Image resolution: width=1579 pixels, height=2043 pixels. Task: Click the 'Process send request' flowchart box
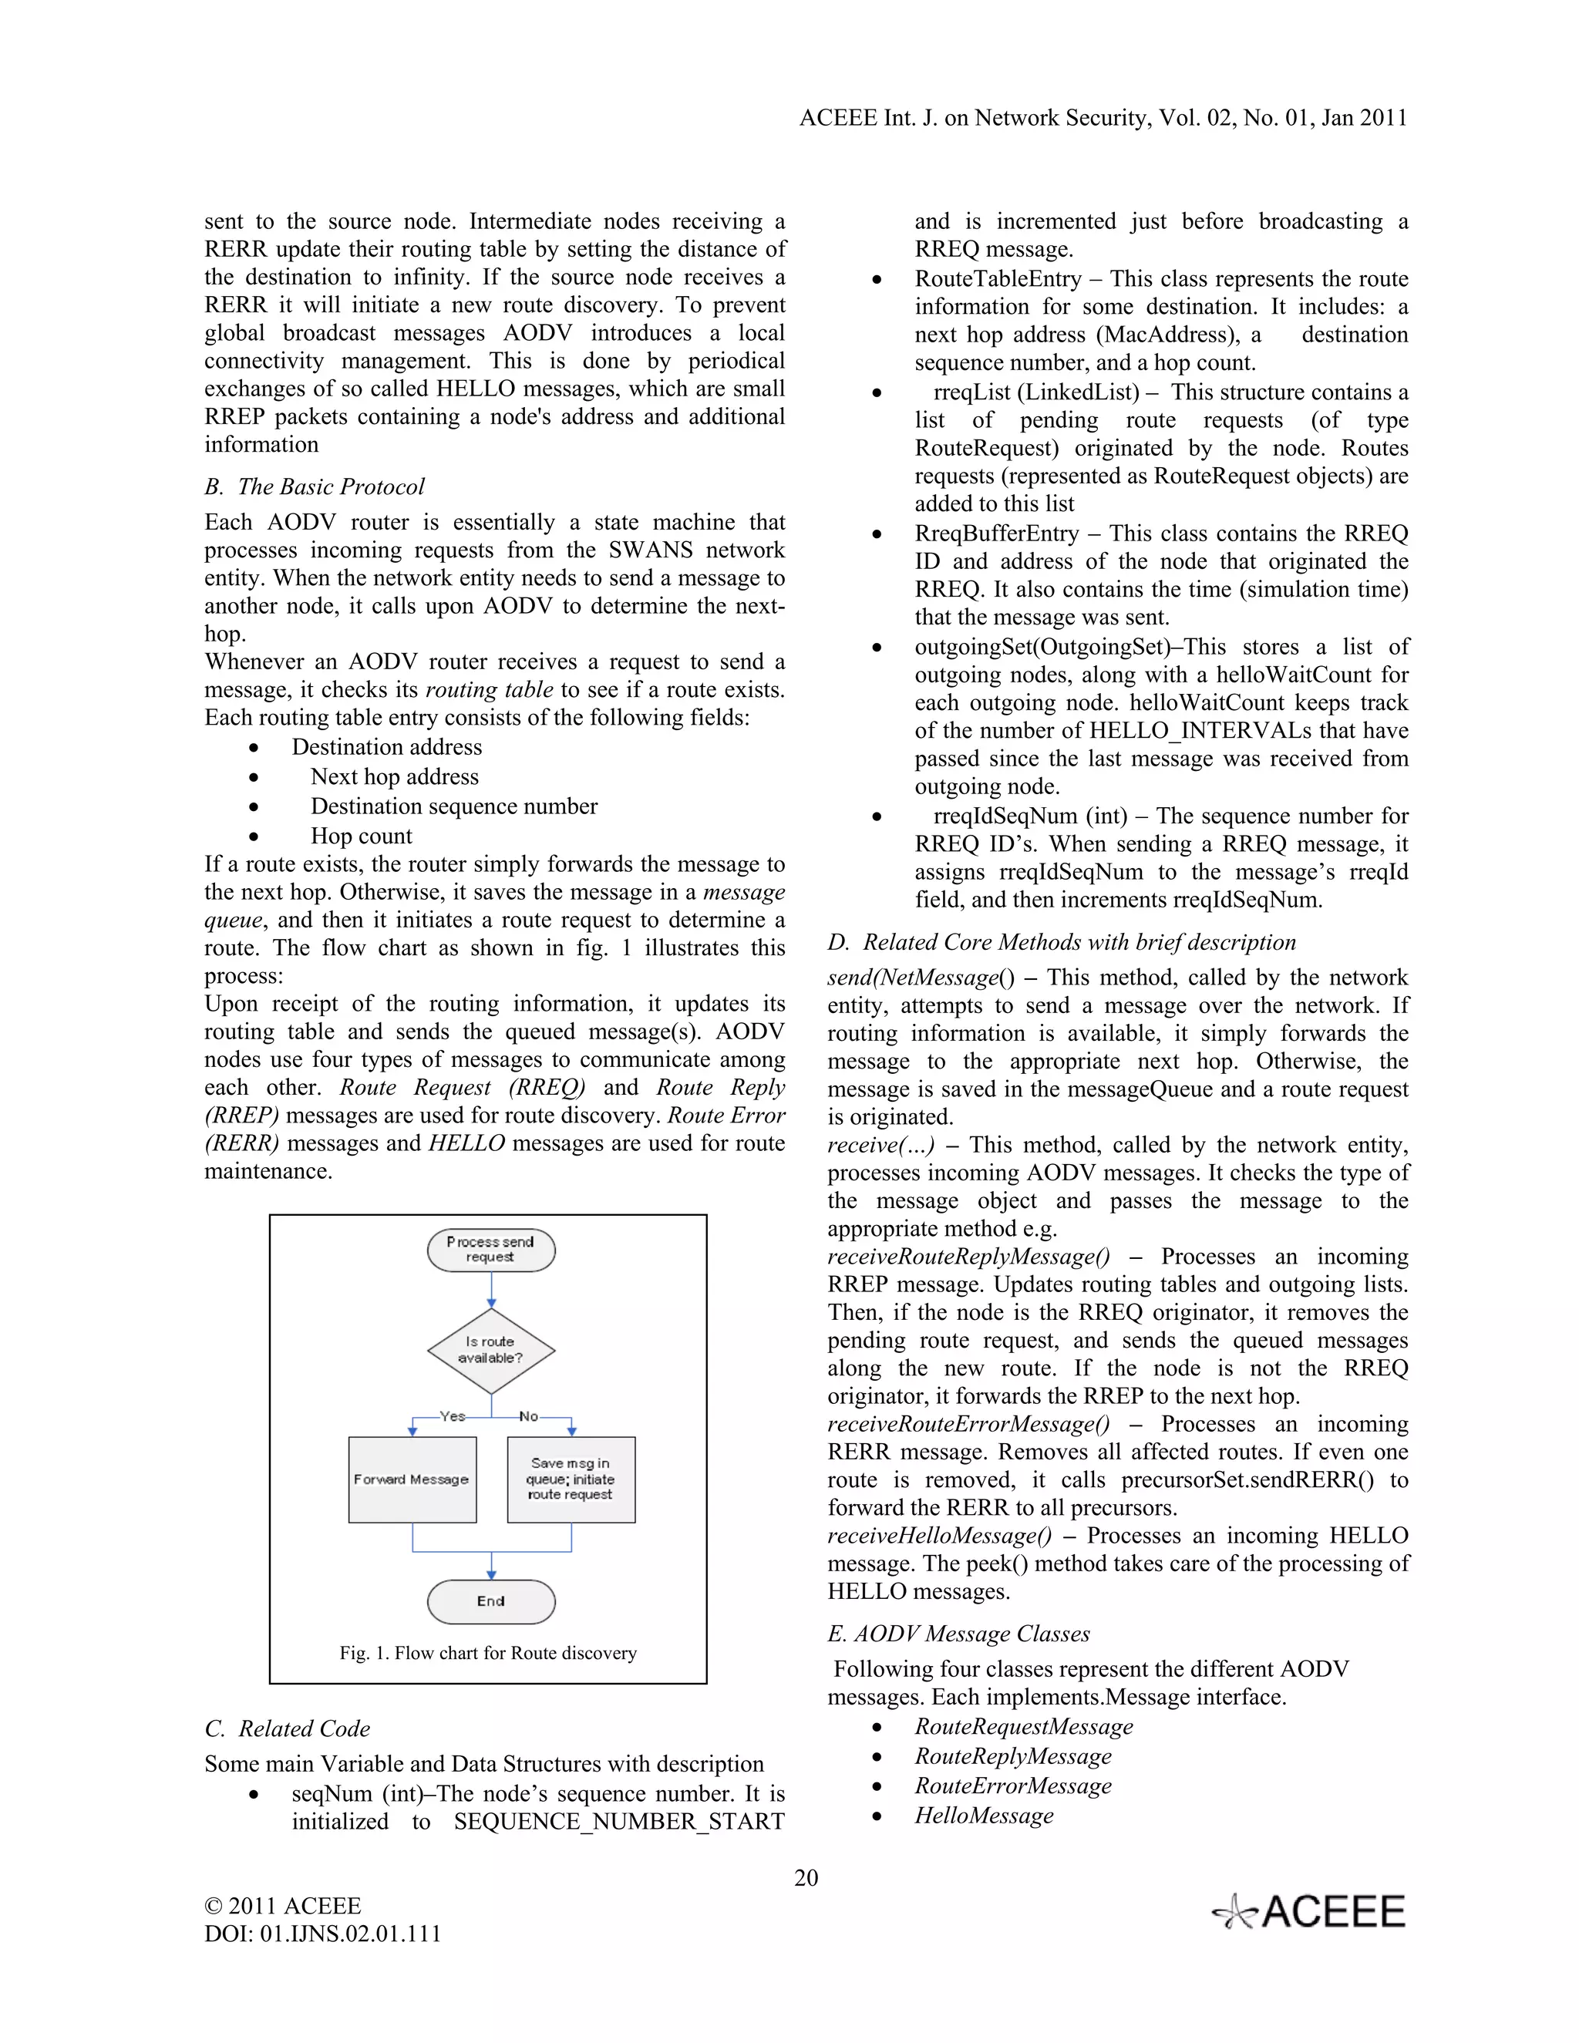(491, 1250)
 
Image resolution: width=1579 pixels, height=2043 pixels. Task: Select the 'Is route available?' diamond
(491, 1350)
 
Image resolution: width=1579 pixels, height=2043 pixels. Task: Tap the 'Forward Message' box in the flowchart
(412, 1479)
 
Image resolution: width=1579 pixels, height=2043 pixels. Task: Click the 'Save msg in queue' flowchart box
(571, 1479)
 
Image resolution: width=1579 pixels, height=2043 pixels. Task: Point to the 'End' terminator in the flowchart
(491, 1600)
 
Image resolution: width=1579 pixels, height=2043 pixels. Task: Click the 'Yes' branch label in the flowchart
(453, 1416)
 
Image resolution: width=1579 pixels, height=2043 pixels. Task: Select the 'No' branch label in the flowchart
(528, 1416)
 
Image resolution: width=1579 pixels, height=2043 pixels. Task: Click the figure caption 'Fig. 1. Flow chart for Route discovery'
(487, 1653)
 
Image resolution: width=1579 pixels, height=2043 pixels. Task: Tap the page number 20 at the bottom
(806, 1877)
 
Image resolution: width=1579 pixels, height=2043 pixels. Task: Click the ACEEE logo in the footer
(1308, 1912)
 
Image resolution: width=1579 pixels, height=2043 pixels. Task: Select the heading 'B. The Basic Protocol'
(315, 486)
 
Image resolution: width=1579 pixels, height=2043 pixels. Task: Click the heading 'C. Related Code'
(287, 1728)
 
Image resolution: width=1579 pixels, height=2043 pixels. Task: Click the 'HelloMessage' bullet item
(983, 1816)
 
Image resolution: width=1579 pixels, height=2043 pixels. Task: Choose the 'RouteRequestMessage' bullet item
(1023, 1727)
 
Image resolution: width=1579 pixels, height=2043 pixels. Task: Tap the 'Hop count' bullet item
(361, 836)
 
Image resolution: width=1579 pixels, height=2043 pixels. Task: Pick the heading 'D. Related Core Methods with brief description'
(1062, 942)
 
